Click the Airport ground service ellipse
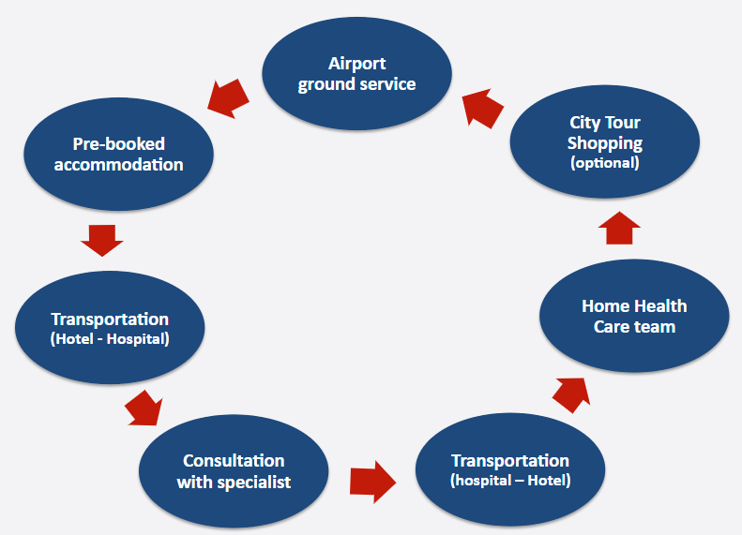(356, 74)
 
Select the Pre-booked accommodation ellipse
(118, 154)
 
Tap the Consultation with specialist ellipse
(234, 471)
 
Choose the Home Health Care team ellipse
(634, 316)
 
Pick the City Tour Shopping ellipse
(605, 141)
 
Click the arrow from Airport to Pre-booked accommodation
(228, 98)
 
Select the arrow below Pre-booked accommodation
(101, 241)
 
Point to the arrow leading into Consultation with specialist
(144, 408)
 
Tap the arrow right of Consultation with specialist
(373, 483)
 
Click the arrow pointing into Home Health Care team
(571, 395)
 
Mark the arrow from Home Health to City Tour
(619, 228)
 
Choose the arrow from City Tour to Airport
(482, 109)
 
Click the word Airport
(356, 64)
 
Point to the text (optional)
(605, 163)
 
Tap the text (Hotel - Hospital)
(110, 339)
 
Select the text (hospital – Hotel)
(510, 480)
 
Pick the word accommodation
(118, 165)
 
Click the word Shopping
(605, 143)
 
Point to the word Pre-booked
(118, 143)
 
